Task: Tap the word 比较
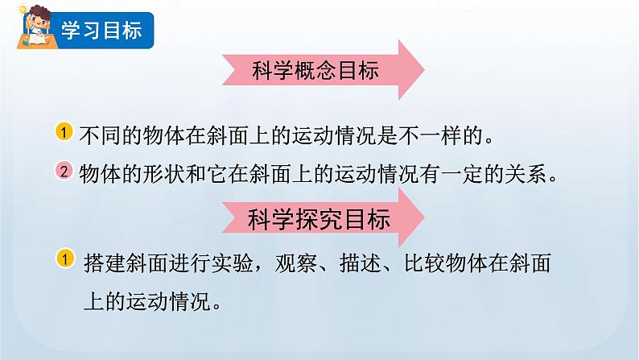tap(413, 263)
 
